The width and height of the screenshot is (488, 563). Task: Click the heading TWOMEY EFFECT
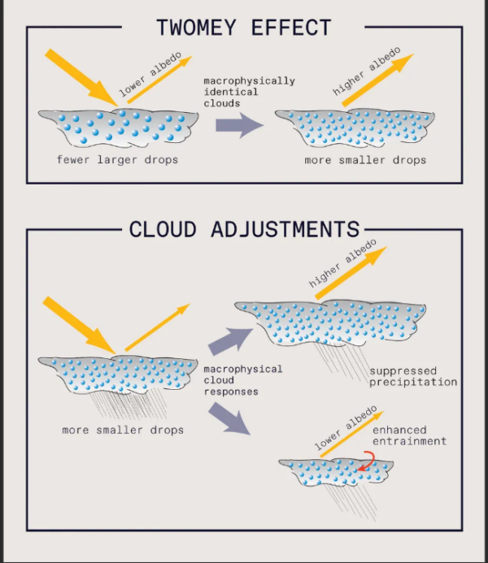click(x=244, y=28)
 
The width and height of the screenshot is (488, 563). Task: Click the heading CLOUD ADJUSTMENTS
click(x=244, y=230)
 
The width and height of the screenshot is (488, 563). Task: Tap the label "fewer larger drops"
click(x=117, y=159)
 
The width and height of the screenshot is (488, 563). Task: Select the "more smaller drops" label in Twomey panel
click(x=365, y=160)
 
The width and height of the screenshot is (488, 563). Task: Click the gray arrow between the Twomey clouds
click(x=239, y=125)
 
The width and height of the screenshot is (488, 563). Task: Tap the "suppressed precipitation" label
click(x=413, y=377)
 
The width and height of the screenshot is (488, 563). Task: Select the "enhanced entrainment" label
click(x=410, y=435)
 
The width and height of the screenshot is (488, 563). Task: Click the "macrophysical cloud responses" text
click(x=242, y=380)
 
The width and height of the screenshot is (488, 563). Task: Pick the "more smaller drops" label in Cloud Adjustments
click(x=123, y=430)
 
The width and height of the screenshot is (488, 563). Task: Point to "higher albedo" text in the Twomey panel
click(x=367, y=73)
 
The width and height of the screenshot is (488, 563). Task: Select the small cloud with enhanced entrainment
click(x=333, y=471)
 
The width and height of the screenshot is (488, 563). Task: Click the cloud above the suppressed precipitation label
click(x=329, y=322)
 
